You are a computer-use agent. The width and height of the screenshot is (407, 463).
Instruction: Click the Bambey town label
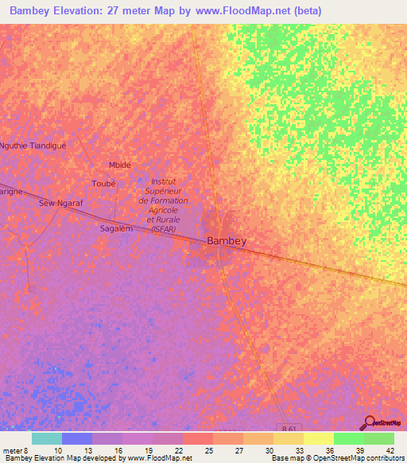click(x=227, y=240)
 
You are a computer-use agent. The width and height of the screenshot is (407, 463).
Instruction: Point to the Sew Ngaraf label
click(x=61, y=204)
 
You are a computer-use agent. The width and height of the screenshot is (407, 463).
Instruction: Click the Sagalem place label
click(x=114, y=228)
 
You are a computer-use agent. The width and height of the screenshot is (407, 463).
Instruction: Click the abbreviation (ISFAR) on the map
click(x=164, y=228)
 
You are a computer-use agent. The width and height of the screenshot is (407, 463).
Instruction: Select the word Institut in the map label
click(x=163, y=181)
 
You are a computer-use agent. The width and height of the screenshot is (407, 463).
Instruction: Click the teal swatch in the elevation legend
click(x=46, y=438)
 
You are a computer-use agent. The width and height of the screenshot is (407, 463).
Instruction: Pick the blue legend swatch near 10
click(x=76, y=438)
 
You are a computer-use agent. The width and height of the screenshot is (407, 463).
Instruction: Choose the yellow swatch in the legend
click(x=318, y=438)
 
